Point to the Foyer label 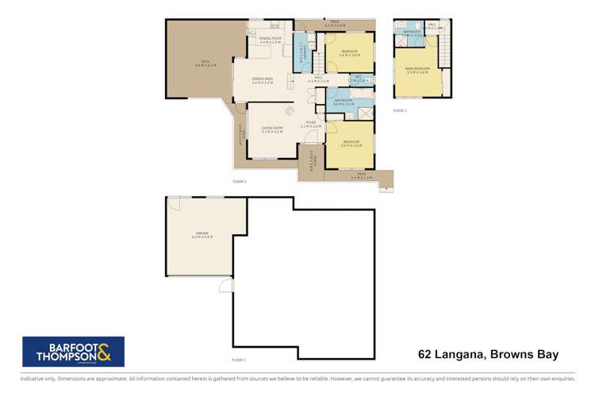tap(310, 125)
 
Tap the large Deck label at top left tap(204, 63)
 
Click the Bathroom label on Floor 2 tap(344, 102)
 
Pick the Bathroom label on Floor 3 tap(411, 32)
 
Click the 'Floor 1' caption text tap(239, 360)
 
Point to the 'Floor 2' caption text tap(239, 182)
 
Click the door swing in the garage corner tap(174, 203)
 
